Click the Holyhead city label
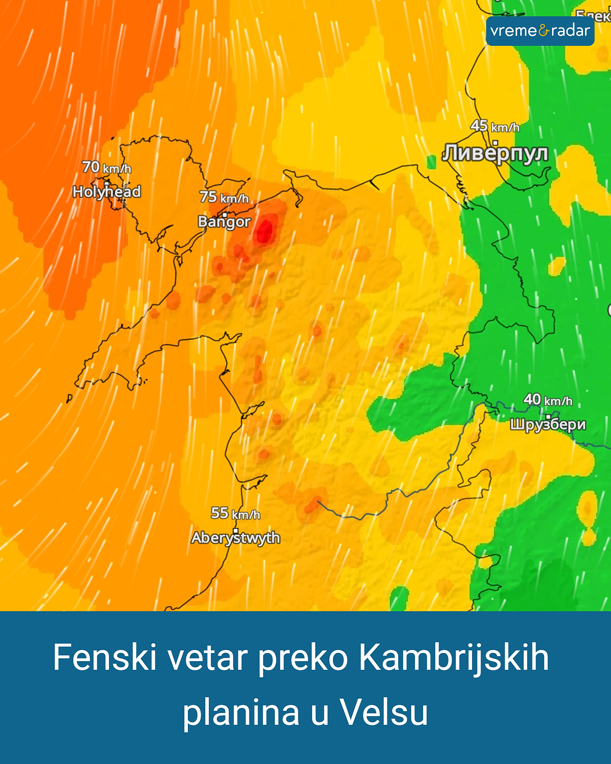point(106,192)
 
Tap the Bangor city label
point(224,222)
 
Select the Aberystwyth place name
point(235,538)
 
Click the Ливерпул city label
point(495,153)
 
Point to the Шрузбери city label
point(548,424)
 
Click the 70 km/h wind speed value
point(106,167)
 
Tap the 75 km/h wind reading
point(224,197)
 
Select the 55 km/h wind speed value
point(235,513)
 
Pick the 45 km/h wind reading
point(494,126)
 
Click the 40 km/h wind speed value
point(548,400)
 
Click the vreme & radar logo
point(540,31)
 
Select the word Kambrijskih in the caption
point(454,658)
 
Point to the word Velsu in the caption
point(384,712)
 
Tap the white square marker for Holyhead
point(107,184)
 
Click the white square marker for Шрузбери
point(548,417)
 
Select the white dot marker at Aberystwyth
point(235,530)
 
